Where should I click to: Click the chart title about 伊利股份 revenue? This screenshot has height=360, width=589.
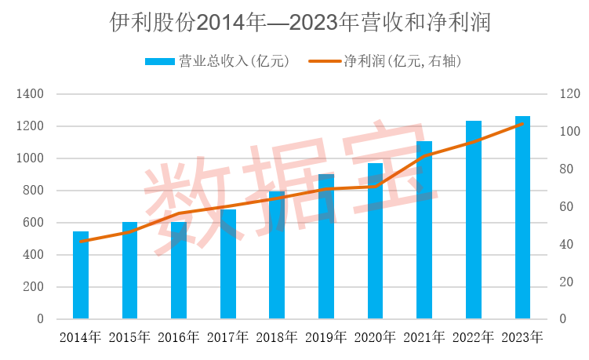pyautogui.click(x=294, y=23)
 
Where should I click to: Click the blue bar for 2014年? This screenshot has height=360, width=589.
pyautogui.click(x=81, y=275)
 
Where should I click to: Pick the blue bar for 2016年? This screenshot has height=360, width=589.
pyautogui.click(x=179, y=271)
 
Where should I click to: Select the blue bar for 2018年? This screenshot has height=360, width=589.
pyautogui.click(x=277, y=255)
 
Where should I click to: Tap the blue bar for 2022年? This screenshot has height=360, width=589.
pyautogui.click(x=473, y=220)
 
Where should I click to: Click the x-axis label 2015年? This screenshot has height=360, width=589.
pyautogui.click(x=129, y=338)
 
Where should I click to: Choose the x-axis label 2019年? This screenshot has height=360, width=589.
pyautogui.click(x=325, y=338)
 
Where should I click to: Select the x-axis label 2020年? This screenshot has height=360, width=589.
pyautogui.click(x=375, y=338)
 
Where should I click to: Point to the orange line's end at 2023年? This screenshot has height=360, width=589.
pyautogui.click(x=522, y=124)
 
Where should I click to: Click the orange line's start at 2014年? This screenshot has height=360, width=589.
pyautogui.click(x=81, y=242)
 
